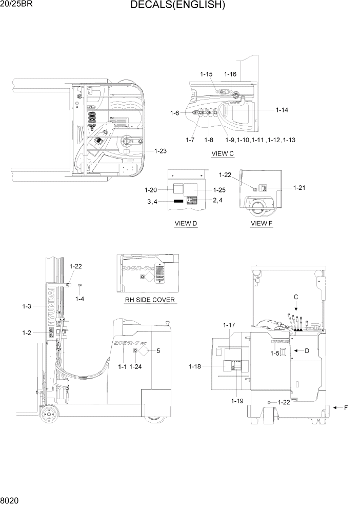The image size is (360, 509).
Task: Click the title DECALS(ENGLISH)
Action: coord(177,6)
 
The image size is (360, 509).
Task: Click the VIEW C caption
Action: coord(223,153)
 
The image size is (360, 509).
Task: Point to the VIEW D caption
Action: coord(186,223)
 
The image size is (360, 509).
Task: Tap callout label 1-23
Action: coord(160,151)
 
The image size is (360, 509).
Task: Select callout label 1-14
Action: coord(282,110)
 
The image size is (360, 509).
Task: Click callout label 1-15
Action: coord(206,74)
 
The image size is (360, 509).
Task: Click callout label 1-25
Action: coord(219,190)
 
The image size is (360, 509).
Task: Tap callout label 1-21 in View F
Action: coord(299,187)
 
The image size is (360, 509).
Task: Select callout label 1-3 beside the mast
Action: coord(27,306)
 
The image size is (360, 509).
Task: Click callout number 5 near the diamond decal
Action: coord(158,351)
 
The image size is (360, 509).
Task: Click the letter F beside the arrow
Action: coord(346,408)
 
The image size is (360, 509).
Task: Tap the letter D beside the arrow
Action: coord(307,350)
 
